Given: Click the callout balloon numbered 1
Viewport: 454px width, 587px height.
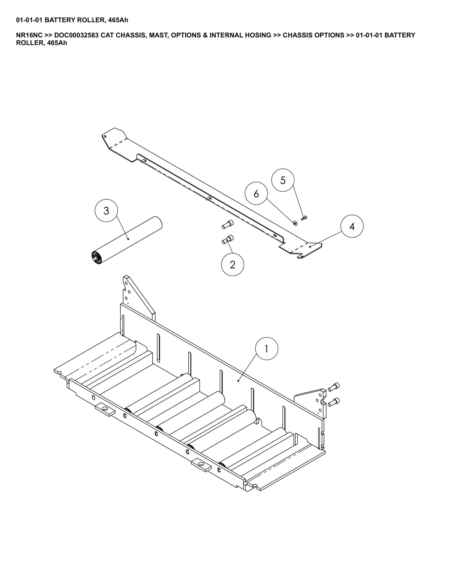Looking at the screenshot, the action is (x=266, y=349).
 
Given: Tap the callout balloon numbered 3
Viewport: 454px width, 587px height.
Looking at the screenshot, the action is (x=106, y=210).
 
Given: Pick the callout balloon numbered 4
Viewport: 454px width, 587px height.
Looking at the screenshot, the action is (x=352, y=226).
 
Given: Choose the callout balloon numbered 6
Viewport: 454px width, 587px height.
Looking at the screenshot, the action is (x=256, y=193).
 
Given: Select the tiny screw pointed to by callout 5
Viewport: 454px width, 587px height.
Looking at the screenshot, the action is (x=304, y=218).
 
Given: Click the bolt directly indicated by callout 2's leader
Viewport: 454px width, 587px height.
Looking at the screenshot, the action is (x=228, y=239).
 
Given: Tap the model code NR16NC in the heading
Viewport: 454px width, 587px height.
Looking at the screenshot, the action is (x=29, y=35).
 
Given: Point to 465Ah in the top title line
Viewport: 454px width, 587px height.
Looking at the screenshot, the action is (x=118, y=20).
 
